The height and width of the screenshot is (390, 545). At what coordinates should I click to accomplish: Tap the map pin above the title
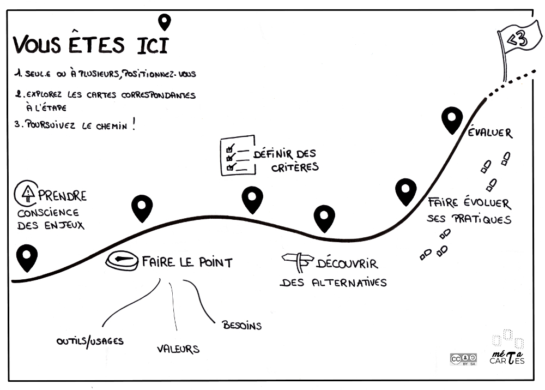[164, 22]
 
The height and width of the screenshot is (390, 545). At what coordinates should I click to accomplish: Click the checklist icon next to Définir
[237, 156]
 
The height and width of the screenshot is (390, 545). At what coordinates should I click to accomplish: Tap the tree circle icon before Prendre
[27, 191]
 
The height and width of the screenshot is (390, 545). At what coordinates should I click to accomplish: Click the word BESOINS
[241, 326]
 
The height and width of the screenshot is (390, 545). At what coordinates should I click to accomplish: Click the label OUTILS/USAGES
[90, 341]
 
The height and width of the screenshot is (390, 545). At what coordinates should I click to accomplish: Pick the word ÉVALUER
[490, 133]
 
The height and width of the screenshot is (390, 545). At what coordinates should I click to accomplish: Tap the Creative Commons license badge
[463, 359]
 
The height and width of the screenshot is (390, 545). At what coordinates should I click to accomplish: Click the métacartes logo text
[507, 358]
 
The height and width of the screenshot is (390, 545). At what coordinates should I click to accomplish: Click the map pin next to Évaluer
[452, 120]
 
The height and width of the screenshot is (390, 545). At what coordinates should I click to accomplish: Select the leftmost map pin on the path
[27, 258]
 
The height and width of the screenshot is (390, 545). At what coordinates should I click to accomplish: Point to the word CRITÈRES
[294, 167]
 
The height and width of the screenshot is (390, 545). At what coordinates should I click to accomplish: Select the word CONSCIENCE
[48, 212]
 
